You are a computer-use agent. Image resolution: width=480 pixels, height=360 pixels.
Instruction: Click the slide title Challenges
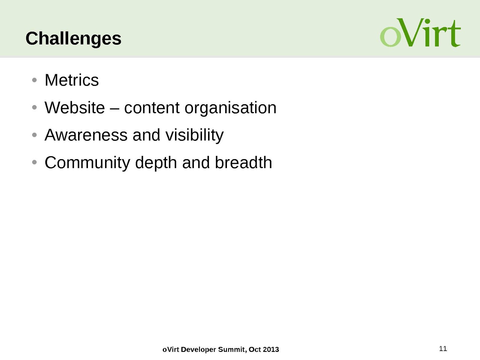(74, 39)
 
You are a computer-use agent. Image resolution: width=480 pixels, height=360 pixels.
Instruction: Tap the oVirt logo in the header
(420, 33)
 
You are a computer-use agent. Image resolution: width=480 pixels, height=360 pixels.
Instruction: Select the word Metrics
(72, 80)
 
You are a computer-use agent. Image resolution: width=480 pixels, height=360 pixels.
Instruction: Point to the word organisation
(231, 108)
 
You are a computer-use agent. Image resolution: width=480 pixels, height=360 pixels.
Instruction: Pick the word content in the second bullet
(152, 108)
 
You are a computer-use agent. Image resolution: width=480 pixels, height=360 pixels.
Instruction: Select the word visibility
(195, 136)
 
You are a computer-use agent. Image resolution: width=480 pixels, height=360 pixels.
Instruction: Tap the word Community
(87, 163)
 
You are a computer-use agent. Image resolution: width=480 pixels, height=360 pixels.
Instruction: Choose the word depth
(156, 163)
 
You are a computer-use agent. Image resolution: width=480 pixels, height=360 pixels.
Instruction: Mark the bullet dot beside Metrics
(34, 80)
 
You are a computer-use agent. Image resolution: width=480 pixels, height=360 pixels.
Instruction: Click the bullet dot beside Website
(34, 107)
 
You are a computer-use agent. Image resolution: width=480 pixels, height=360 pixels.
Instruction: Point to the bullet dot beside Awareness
(34, 135)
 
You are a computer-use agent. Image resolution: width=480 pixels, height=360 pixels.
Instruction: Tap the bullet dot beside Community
(34, 162)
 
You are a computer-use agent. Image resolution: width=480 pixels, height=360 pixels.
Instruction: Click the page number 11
(443, 348)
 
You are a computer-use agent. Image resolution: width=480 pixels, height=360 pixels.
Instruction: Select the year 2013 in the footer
(271, 349)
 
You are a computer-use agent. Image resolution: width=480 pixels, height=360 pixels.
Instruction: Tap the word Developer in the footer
(198, 350)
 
